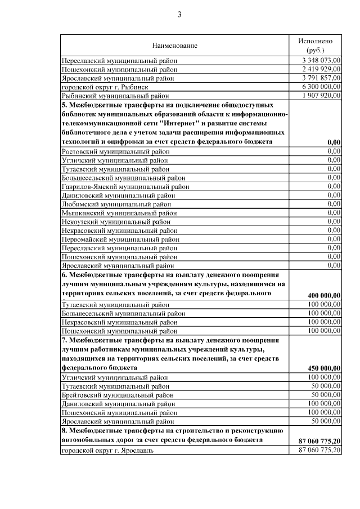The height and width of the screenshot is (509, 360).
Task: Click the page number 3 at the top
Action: coord(179,15)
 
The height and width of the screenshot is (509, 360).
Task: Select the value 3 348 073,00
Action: coord(321,60)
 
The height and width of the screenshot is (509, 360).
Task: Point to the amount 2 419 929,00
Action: coord(321,69)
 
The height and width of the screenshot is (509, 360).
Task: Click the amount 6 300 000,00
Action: coord(321,87)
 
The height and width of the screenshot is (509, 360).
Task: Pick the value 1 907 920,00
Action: coord(321,96)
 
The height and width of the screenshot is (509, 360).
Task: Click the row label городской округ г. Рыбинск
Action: coord(105,87)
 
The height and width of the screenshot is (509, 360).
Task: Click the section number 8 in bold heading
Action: coord(64,430)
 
